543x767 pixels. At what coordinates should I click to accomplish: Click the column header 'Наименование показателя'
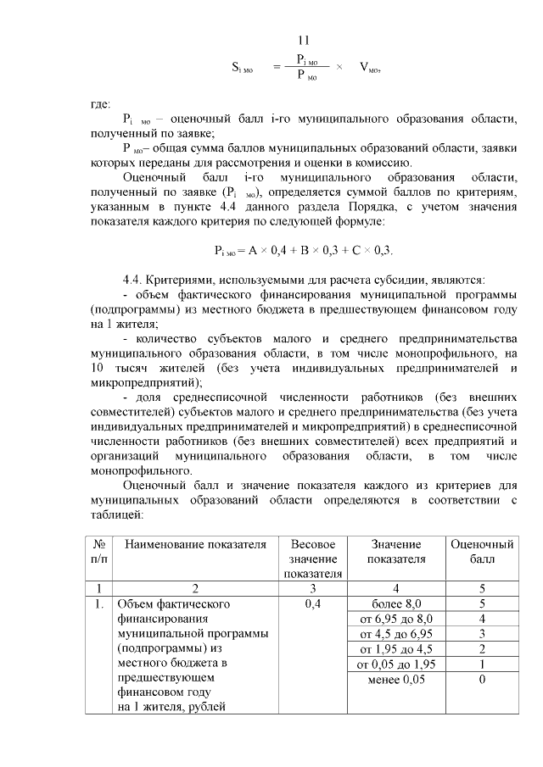tap(195, 544)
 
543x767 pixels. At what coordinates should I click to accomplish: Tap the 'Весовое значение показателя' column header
tap(313, 559)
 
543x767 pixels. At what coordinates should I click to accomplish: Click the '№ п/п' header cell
tap(98, 552)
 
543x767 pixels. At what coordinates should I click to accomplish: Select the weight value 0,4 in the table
tap(313, 603)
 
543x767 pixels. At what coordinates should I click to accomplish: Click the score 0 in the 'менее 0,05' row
tap(482, 680)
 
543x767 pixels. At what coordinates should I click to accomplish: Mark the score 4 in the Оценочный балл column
tap(482, 619)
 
